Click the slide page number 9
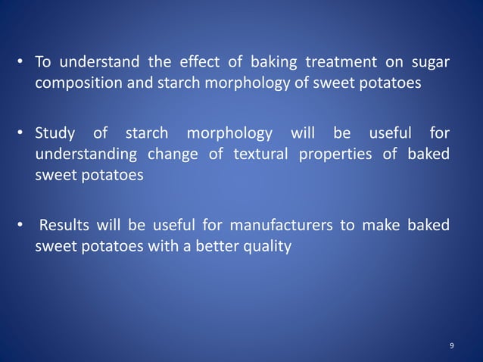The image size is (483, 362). pos(452,346)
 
